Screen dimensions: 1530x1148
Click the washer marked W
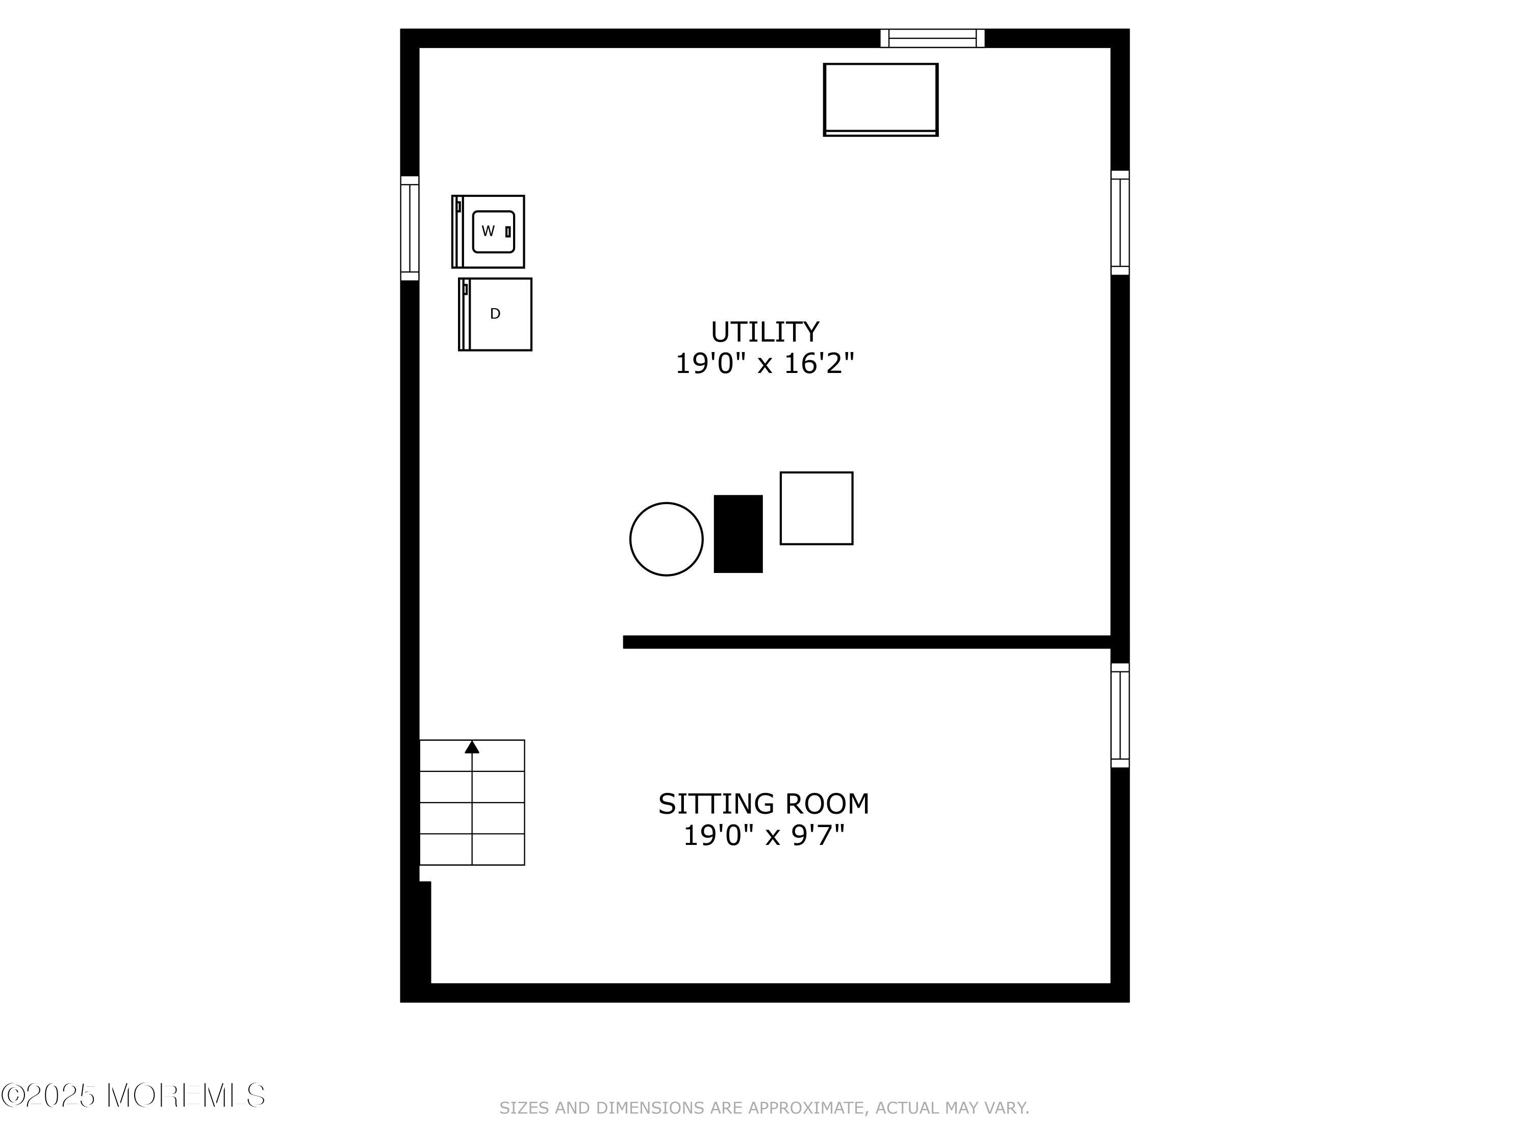point(489,231)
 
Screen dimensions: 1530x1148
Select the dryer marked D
point(495,314)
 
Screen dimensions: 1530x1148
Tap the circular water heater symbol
point(666,539)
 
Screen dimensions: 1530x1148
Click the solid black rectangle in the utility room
point(738,534)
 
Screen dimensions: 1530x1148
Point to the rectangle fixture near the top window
point(880,99)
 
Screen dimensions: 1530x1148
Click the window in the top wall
point(932,38)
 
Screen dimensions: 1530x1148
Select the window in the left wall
point(410,229)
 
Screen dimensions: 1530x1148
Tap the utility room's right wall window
point(1120,223)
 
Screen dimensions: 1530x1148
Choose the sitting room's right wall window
point(1120,715)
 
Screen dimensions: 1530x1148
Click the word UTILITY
point(765,332)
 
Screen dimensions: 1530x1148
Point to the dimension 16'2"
point(819,363)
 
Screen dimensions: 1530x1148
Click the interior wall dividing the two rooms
point(866,642)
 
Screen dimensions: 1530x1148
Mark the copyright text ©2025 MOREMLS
point(133,1095)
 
